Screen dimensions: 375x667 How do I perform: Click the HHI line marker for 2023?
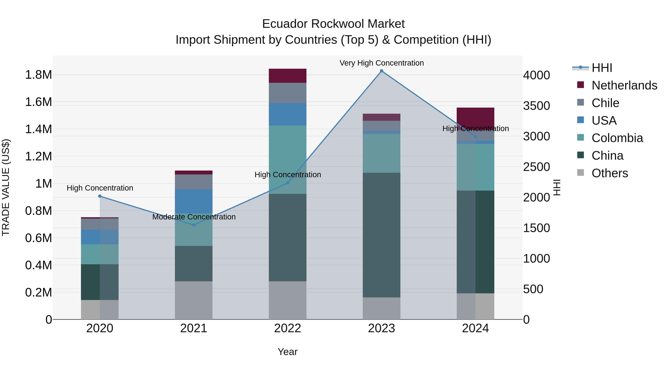(x=381, y=71)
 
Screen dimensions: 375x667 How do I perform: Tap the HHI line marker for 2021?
(x=194, y=225)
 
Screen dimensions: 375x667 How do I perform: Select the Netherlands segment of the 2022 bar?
(x=287, y=76)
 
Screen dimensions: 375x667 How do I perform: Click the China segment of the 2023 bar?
(x=381, y=235)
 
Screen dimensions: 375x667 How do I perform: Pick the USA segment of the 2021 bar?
(x=194, y=201)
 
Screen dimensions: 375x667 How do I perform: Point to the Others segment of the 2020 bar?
(x=100, y=310)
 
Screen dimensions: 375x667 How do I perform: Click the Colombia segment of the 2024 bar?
(x=475, y=167)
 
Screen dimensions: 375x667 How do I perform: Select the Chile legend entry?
(x=605, y=103)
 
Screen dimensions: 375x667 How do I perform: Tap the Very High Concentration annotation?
(x=381, y=63)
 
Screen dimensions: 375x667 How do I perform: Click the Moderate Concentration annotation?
(x=194, y=217)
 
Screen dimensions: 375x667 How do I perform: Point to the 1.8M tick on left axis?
(x=38, y=75)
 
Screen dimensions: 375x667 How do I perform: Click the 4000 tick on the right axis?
(x=536, y=75)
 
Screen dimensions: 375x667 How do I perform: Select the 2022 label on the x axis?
(x=287, y=328)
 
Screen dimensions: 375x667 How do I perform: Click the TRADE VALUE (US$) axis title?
(x=6, y=187)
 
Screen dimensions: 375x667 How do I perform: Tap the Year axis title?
(x=287, y=352)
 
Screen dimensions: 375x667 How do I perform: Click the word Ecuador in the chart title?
(x=285, y=24)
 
